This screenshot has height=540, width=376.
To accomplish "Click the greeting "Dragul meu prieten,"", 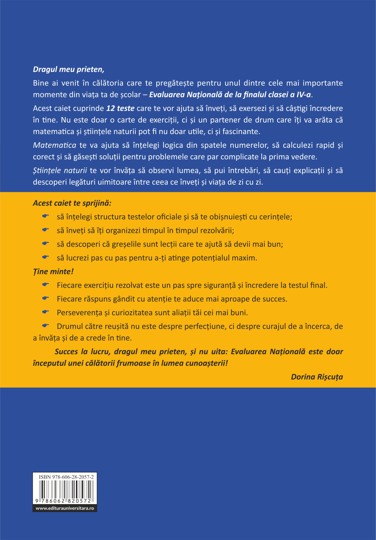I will pyautogui.click(x=68, y=70).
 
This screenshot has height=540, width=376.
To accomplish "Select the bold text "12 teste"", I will pyautogui.click(x=120, y=108).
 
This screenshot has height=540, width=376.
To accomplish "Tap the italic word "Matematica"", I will pyautogui.click(x=55, y=145).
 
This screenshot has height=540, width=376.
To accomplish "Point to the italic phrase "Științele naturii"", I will pyautogui.click(x=60, y=170).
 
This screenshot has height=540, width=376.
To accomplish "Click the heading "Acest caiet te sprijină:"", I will pyautogui.click(x=72, y=203).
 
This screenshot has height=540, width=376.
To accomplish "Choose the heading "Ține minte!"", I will pyautogui.click(x=53, y=272).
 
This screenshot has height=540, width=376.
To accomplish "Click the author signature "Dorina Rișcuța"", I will pyautogui.click(x=317, y=377).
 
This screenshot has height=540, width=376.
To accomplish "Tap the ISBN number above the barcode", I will pyautogui.click(x=66, y=477).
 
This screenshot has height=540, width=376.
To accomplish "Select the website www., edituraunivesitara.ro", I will pyautogui.click(x=65, y=508).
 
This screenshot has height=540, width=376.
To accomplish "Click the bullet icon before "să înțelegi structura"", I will pyautogui.click(x=45, y=216).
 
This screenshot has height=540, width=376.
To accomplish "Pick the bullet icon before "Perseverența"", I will pyautogui.click(x=45, y=312).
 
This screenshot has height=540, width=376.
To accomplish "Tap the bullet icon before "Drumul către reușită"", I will pyautogui.click(x=45, y=326).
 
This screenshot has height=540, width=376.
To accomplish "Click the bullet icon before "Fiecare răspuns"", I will pyautogui.click(x=45, y=298).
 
